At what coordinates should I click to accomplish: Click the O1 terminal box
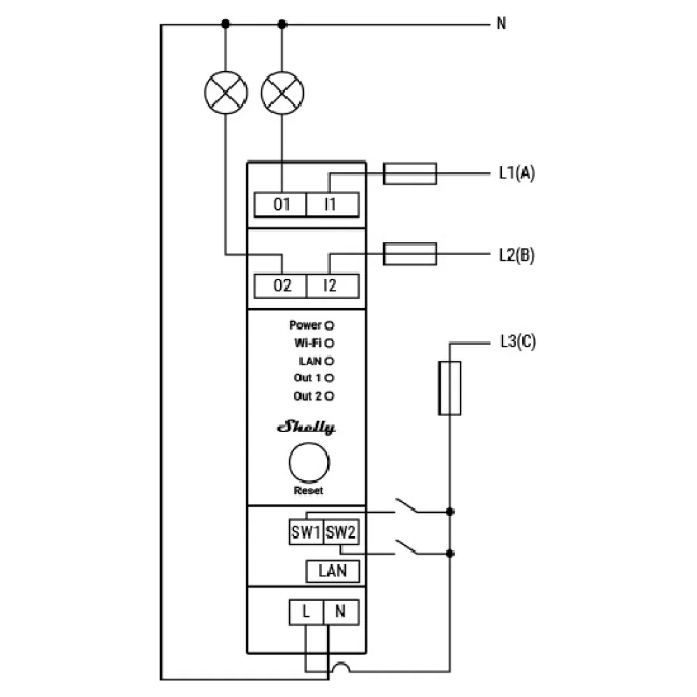coord(280,205)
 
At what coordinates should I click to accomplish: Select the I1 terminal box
coord(332,205)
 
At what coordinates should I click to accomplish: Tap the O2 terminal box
coord(280,286)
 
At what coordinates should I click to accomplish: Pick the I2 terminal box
coord(332,286)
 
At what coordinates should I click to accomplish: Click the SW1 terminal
coord(305,533)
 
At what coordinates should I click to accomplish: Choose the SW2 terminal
coord(342,533)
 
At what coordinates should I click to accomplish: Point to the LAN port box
coord(332,571)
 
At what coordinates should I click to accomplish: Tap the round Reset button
coord(308,463)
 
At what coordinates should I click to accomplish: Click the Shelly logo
coord(307,427)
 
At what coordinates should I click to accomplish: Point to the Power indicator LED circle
coord(329,325)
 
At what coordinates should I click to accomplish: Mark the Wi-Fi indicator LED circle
coord(329,343)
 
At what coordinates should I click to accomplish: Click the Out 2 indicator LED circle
coord(329,396)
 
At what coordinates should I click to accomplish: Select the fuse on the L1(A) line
coord(411,174)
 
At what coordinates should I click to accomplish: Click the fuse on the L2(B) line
coord(411,254)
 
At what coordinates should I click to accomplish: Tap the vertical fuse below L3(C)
coord(450,388)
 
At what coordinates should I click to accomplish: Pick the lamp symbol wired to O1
coord(282,92)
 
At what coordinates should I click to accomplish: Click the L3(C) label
coord(517,342)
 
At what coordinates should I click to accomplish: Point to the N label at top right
coord(501,24)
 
